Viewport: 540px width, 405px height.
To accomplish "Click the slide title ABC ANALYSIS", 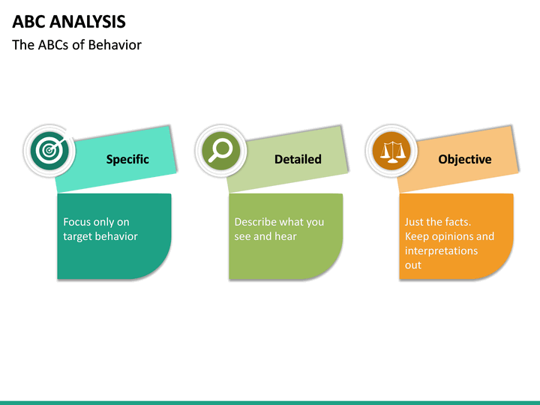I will click(x=69, y=22).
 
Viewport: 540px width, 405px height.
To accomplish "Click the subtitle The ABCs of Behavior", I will click(x=76, y=45).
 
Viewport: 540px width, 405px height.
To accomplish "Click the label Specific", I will click(x=127, y=159).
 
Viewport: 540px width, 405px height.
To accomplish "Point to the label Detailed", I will click(x=298, y=159).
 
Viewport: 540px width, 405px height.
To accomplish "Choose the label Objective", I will click(x=465, y=159).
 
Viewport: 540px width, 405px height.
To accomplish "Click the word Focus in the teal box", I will click(x=78, y=222).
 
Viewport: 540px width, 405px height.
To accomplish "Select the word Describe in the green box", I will click(x=255, y=222).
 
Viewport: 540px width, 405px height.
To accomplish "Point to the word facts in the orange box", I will click(x=455, y=222).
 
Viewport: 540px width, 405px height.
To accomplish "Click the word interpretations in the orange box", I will click(x=441, y=250).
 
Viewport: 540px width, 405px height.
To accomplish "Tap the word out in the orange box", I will click(x=413, y=265).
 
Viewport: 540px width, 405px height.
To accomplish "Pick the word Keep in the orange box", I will click(x=416, y=236).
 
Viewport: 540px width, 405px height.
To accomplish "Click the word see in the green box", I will click(x=242, y=236).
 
